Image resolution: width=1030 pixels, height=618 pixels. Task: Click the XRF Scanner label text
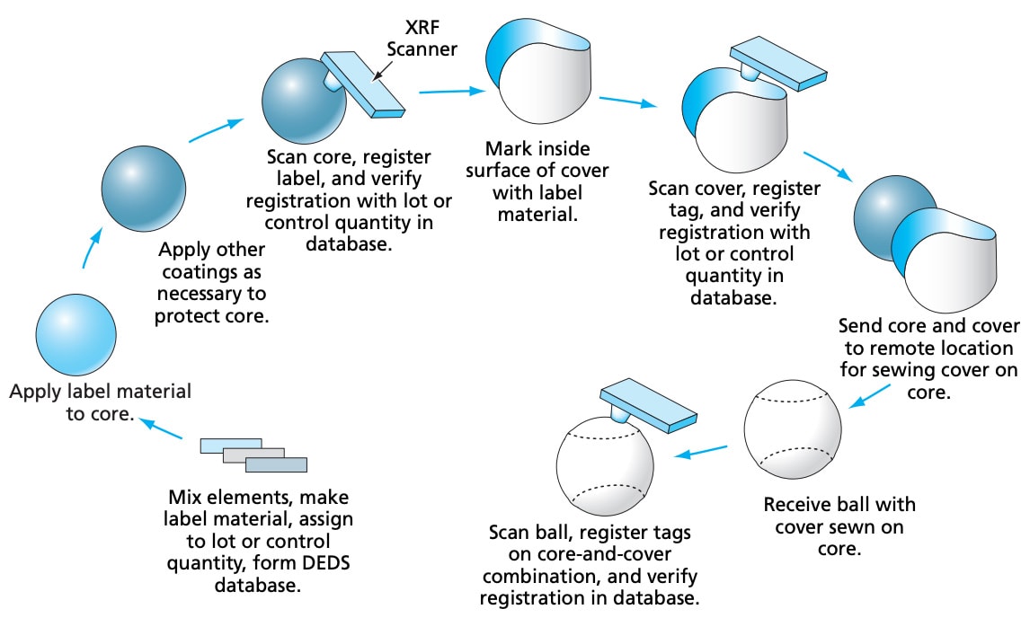(422, 38)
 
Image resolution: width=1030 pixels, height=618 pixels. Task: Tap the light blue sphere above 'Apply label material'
(76, 335)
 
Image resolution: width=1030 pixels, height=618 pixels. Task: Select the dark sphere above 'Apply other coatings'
(143, 189)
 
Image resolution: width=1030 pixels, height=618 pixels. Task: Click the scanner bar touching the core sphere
(362, 84)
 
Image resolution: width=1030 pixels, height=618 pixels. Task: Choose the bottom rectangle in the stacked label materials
(276, 465)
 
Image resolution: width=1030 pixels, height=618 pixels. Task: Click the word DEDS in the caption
(326, 563)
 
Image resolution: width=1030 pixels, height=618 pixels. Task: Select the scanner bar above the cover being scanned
(778, 64)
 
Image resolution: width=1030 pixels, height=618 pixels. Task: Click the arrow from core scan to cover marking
(452, 92)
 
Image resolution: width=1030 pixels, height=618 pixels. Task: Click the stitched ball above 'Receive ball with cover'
(792, 430)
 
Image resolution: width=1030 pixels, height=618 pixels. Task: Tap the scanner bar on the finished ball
(648, 405)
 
